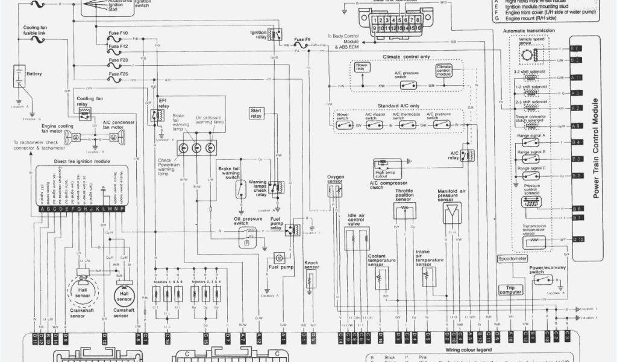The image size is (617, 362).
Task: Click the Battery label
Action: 34,74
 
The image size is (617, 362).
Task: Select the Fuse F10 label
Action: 119,32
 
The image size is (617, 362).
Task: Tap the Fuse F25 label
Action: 119,74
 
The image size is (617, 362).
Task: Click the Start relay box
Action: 256,113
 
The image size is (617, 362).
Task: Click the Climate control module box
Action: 443,70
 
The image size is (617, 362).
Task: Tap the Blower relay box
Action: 362,68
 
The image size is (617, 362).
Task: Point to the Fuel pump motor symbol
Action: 279,258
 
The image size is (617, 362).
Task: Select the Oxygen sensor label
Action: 336,180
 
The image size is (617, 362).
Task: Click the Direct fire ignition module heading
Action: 82,162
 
